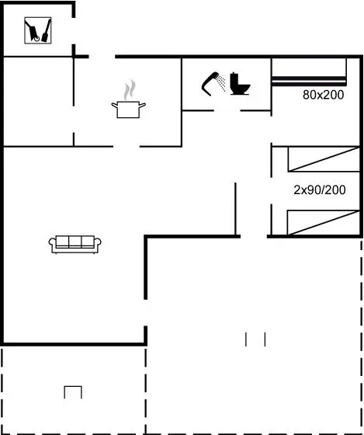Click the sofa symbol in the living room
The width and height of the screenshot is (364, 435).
[75, 245]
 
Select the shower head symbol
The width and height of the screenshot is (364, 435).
[210, 84]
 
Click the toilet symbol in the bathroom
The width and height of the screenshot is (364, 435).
[240, 84]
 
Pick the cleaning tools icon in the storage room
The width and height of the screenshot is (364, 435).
[38, 30]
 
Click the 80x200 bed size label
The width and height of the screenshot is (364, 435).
[323, 95]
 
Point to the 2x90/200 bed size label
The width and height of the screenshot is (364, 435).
[320, 190]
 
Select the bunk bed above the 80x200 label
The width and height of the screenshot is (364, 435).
[309, 71]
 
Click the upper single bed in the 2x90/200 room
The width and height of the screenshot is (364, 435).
[324, 159]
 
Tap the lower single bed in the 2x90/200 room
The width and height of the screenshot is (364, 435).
[323, 222]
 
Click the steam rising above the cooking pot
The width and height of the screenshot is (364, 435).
[130, 90]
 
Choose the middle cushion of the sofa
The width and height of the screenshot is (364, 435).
[75, 242]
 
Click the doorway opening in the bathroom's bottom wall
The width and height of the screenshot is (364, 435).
[227, 110]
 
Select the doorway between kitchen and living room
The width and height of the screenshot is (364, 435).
[127, 146]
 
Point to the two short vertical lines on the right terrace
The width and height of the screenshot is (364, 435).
[255, 339]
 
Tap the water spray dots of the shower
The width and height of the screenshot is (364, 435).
[221, 82]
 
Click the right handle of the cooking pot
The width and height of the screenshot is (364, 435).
[142, 105]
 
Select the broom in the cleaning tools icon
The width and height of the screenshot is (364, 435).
[46, 30]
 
